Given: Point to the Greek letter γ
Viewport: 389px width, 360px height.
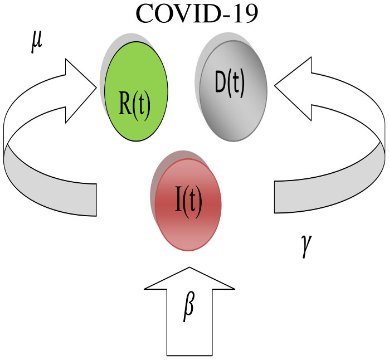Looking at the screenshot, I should coord(306,247).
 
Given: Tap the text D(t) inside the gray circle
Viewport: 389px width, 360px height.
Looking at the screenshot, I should coord(230,85).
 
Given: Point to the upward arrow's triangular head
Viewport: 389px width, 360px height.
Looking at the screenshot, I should coord(189,279).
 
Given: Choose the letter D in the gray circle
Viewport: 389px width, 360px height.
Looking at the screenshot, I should coord(221,85).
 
